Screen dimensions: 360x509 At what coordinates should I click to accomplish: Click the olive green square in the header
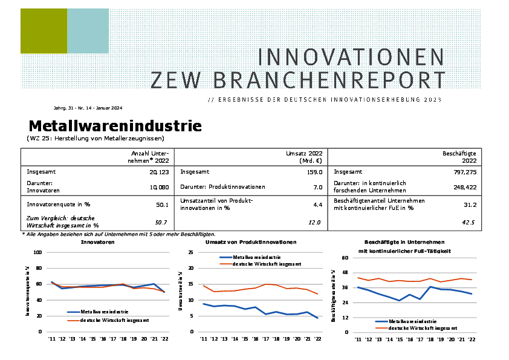click(x=44, y=31)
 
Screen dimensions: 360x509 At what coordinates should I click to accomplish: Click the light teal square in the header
click(x=88, y=31)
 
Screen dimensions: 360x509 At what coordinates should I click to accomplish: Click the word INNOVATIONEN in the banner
click(x=351, y=57)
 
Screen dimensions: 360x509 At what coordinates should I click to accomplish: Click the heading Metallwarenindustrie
click(x=115, y=126)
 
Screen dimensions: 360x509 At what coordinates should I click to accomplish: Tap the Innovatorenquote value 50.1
click(x=161, y=205)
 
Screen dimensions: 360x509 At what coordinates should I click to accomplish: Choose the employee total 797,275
click(x=464, y=172)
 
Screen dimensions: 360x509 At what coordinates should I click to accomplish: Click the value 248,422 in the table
click(x=464, y=187)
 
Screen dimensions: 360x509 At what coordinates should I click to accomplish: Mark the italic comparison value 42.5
click(x=468, y=223)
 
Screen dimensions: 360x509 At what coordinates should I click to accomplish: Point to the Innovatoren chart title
click(x=98, y=242)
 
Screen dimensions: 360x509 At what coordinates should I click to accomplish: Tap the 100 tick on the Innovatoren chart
click(x=37, y=252)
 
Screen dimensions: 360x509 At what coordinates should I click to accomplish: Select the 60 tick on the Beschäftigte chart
click(x=346, y=258)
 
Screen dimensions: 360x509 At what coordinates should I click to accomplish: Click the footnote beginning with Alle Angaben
click(x=118, y=234)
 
